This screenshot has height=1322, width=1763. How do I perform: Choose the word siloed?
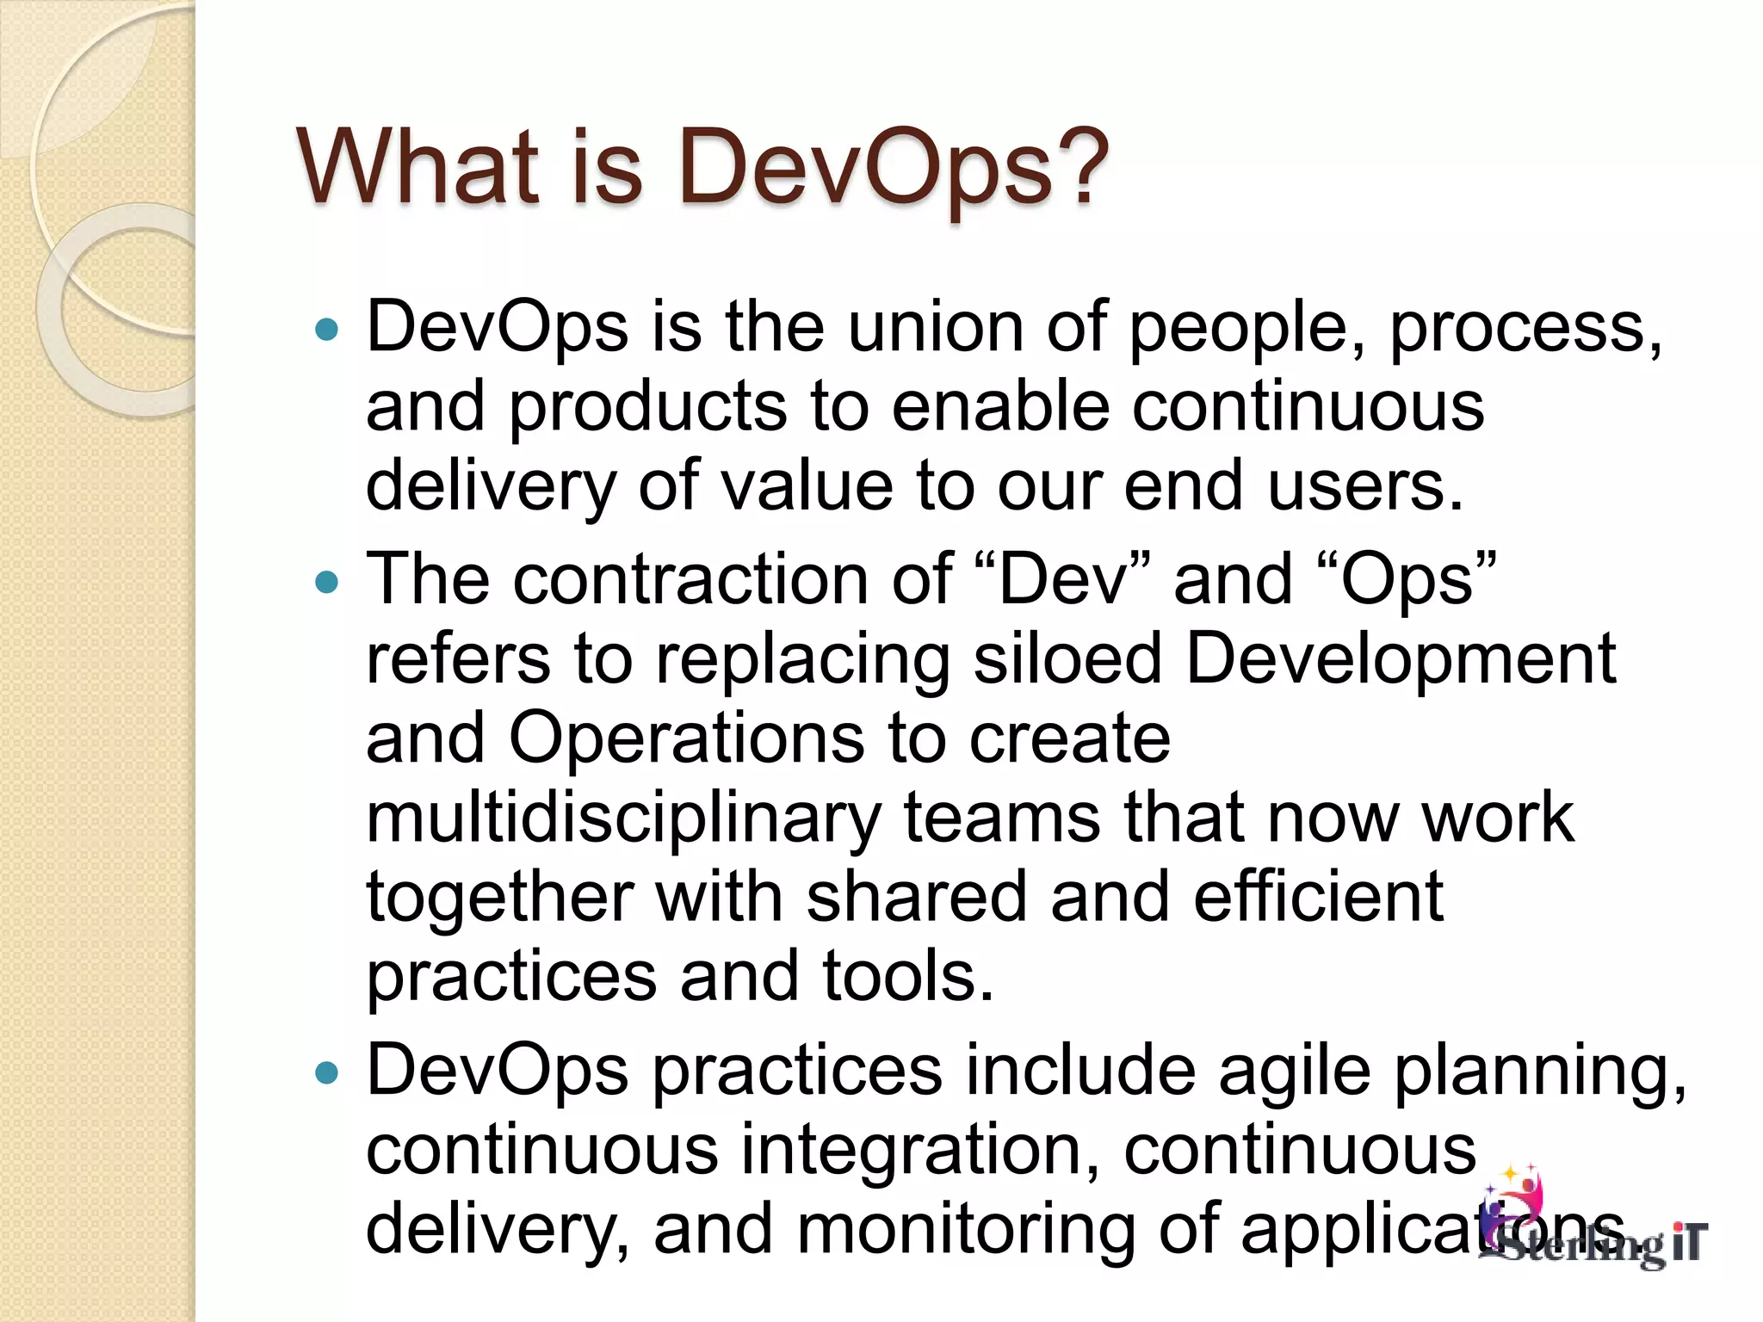(x=1067, y=658)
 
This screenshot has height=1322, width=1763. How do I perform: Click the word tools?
(x=908, y=977)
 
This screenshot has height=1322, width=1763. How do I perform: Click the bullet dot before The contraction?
(x=327, y=583)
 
